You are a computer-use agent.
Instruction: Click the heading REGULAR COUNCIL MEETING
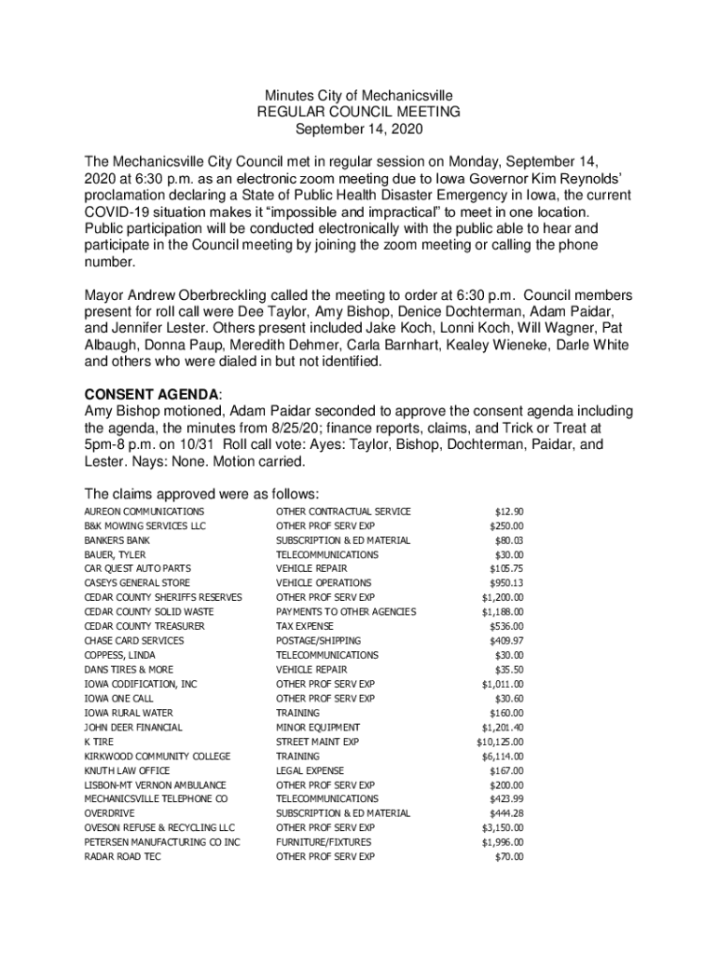(359, 112)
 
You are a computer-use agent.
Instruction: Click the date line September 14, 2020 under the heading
(359, 129)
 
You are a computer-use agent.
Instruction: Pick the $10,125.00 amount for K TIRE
(500, 742)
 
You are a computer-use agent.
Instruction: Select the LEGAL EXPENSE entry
(310, 770)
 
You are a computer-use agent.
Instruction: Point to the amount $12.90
(509, 511)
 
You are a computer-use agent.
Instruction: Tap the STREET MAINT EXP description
(317, 742)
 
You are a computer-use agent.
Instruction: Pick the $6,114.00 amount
(503, 756)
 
